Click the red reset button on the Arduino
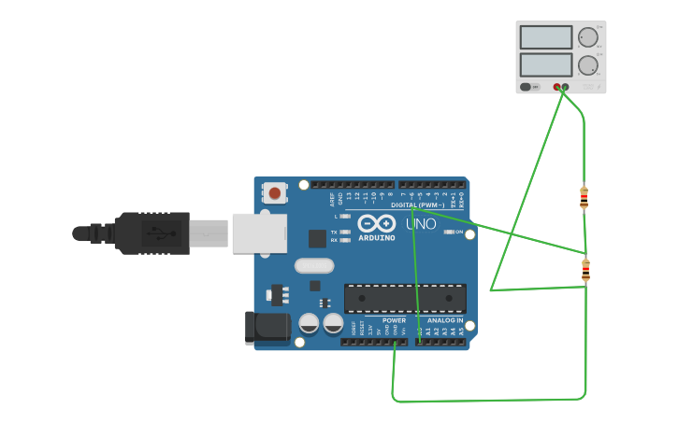coord(274,193)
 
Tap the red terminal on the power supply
coord(557,87)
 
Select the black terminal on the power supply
coord(565,87)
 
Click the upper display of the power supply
coord(545,37)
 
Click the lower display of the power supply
coord(545,64)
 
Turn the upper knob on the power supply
coord(587,37)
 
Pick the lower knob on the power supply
coord(587,65)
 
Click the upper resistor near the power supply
coord(584,197)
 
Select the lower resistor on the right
coord(585,271)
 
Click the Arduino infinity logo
coord(376,224)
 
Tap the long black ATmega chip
coord(405,298)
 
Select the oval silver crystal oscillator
coord(314,265)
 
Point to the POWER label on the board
coord(394,320)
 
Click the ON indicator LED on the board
coord(449,232)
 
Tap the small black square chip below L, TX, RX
coord(317,238)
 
